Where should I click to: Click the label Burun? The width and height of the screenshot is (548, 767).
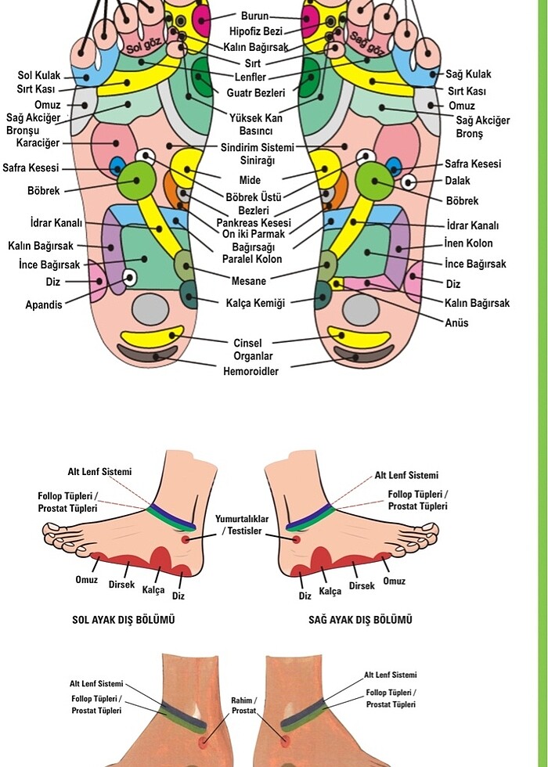coord(255,16)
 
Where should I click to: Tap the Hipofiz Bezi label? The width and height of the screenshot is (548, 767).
coord(256,31)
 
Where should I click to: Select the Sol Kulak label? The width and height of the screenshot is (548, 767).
coord(38,76)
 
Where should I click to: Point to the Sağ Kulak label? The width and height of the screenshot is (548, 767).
coord(468,74)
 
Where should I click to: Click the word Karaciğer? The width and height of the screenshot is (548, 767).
coord(38,143)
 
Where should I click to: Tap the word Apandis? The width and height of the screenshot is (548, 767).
coord(44,305)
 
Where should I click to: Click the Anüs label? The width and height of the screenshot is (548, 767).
coord(457,322)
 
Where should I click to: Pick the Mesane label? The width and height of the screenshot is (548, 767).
coord(249,281)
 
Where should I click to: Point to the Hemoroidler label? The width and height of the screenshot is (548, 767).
coord(251,371)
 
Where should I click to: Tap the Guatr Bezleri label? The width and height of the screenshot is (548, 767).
coord(256,93)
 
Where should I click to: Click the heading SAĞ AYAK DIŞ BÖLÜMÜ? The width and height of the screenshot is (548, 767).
coord(360,620)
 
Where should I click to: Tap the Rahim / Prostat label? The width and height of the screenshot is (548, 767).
coord(244,705)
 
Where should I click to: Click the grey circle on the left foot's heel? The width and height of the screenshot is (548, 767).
coord(150,308)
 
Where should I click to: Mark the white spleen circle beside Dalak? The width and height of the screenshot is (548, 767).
coord(408,183)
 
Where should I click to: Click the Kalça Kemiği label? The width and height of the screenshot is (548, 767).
coord(255,303)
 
